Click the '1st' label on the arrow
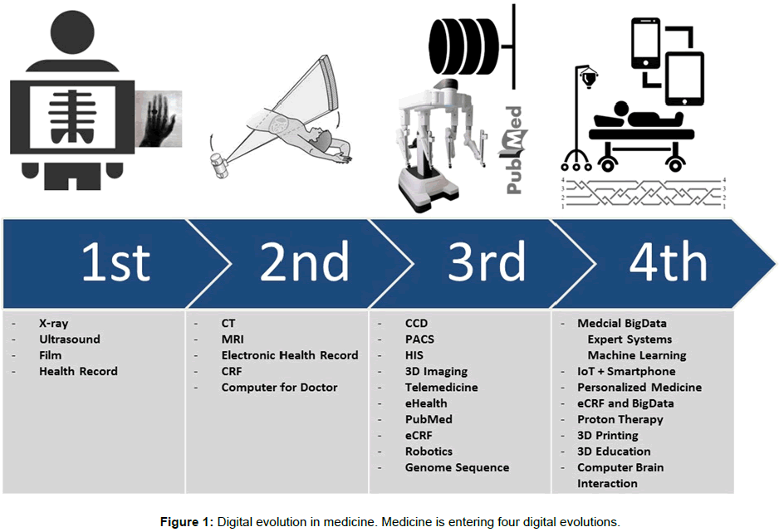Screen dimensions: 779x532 pos(115,261)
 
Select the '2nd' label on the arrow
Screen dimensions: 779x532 pos(304,261)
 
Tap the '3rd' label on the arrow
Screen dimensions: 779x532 pos(487,261)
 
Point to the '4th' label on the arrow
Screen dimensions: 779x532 pos(669,261)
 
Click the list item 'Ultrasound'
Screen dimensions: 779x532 pos(70,339)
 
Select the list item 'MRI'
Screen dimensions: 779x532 pos(233,339)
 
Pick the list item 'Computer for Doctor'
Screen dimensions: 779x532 pos(279,387)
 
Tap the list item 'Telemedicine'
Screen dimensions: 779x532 pos(441,387)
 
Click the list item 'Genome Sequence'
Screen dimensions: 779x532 pos(457,467)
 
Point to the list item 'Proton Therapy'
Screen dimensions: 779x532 pos(620,419)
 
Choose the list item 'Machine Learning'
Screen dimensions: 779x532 pos(637,355)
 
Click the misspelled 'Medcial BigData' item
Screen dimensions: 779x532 pos(621,323)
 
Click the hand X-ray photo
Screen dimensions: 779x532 pos(159,119)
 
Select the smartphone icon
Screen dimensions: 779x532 pos(645,43)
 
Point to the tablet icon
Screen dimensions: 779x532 pos(684,79)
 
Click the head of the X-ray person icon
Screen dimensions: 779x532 pos(72,32)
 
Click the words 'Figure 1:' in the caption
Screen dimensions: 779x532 pos(186,522)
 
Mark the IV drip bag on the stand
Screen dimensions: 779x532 pos(589,79)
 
